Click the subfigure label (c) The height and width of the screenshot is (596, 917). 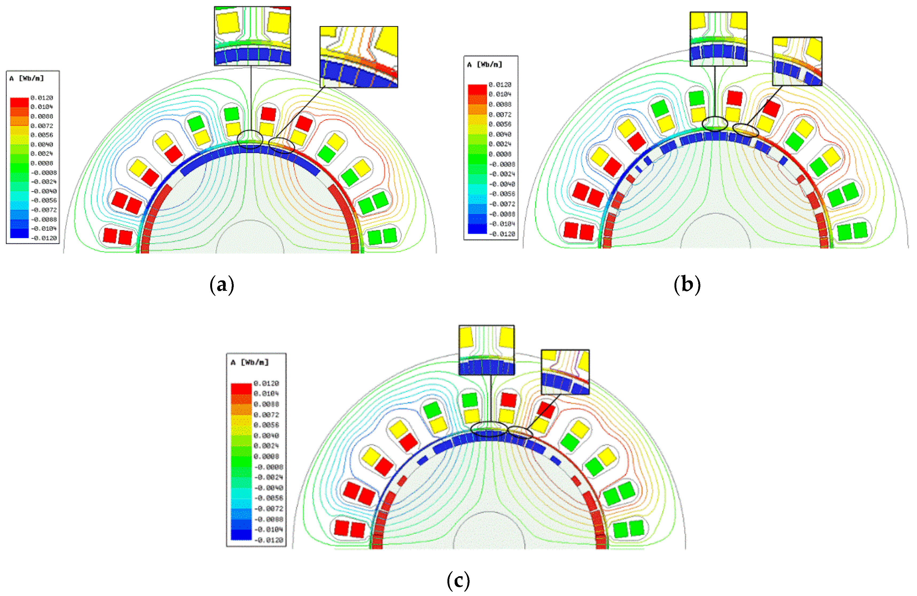pos(458,580)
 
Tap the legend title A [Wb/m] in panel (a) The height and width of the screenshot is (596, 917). pos(27,79)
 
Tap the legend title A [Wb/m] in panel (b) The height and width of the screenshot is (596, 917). pos(485,65)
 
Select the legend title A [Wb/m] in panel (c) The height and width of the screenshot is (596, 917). pos(250,363)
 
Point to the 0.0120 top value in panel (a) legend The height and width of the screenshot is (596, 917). pos(42,98)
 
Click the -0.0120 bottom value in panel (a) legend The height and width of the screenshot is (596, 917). pos(44,238)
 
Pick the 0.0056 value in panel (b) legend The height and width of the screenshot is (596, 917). pos(500,124)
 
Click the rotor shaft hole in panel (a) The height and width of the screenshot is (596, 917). pos(250,239)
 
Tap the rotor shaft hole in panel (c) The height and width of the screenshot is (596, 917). pos(489,534)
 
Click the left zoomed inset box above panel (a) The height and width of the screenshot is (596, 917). pos(252,36)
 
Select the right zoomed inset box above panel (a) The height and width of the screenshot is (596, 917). pos(359,57)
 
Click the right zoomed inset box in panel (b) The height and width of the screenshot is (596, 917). pos(797,61)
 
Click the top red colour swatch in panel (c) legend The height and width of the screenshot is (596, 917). pos(241,388)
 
